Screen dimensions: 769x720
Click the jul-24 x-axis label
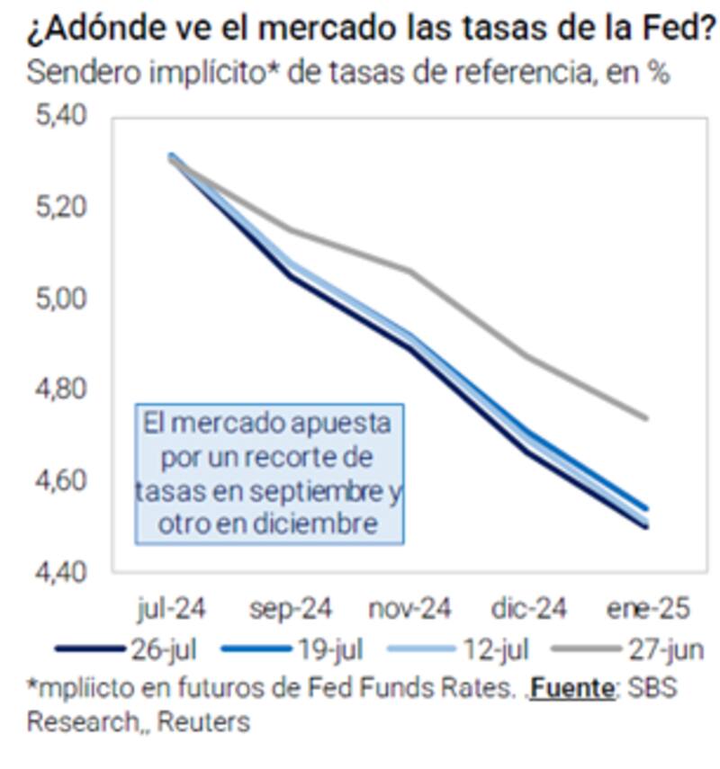tap(172, 609)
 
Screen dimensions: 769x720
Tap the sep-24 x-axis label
tap(290, 609)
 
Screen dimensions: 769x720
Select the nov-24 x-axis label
tap(409, 609)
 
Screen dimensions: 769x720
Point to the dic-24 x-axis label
tap(529, 609)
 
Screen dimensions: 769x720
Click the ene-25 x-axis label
tap(648, 609)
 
